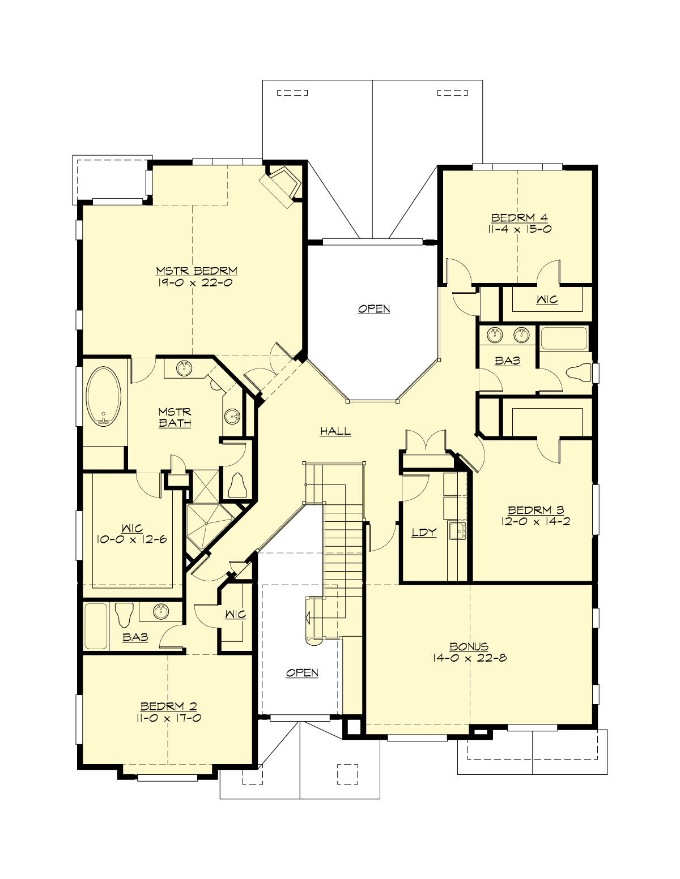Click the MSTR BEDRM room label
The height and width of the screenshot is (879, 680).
197,271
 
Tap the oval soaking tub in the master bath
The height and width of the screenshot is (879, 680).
103,396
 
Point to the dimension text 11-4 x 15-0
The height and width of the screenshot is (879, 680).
519,229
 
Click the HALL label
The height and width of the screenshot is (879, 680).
335,431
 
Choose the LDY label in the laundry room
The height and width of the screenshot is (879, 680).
424,533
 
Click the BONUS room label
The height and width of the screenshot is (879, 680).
469,646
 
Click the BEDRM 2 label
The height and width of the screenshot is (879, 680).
168,706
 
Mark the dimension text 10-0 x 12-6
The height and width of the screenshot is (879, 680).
130,539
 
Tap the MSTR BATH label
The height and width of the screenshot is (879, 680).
174,418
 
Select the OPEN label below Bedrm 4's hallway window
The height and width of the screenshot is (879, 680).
374,309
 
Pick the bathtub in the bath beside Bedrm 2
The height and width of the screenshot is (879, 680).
95,627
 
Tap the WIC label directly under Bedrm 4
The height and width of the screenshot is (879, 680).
547,299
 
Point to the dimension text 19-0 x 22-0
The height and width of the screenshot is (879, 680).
197,282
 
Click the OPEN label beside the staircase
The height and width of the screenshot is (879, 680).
302,673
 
